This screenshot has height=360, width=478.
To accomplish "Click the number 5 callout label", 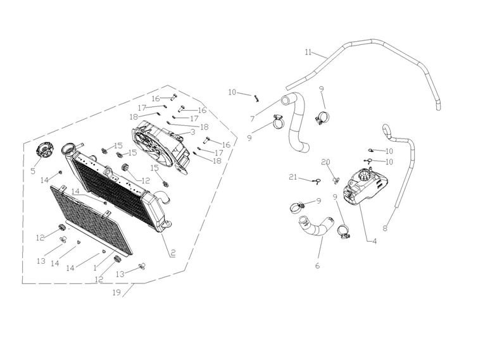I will (32, 170).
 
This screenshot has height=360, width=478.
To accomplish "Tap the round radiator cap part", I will (46, 151).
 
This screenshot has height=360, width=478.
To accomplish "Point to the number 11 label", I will (308, 52).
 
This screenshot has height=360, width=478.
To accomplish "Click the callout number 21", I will (293, 177).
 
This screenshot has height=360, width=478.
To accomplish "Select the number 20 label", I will (325, 162).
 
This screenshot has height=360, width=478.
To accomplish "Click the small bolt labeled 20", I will (334, 180).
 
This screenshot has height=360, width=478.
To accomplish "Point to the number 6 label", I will (317, 266).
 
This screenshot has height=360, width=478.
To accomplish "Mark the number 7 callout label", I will (252, 118).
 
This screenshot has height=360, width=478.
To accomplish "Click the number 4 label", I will (375, 241).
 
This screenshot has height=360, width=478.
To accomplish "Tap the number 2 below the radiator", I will (172, 252).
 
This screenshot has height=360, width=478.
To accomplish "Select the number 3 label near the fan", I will (192, 132).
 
